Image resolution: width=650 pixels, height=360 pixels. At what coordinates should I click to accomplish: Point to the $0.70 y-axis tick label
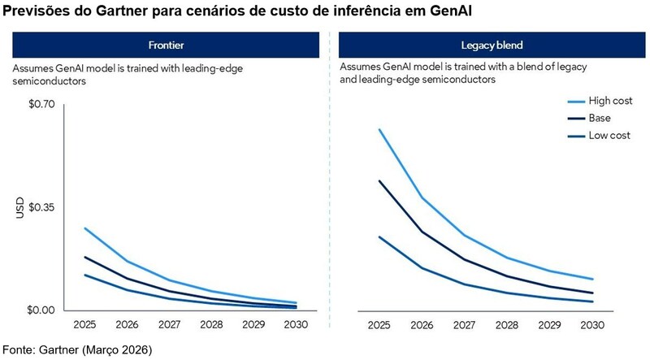(41, 104)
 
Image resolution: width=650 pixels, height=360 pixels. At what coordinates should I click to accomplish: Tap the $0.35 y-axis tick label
(41, 207)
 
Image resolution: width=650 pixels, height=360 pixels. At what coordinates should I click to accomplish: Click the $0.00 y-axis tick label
(41, 310)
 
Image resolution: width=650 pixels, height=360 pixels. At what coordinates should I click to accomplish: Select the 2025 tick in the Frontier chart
(84, 325)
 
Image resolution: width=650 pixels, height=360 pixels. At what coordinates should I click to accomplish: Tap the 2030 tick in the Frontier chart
(295, 325)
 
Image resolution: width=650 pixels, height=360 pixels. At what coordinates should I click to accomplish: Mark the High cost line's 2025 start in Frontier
(84, 228)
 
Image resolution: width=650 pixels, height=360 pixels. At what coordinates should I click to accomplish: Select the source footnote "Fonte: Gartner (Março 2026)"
(77, 349)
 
